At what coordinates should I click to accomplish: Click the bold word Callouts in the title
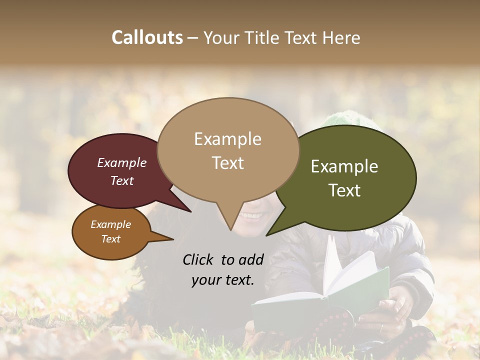147,37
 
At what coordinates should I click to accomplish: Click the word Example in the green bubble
344,166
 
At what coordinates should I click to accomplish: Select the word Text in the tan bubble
228,163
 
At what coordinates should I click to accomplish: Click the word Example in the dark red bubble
122,162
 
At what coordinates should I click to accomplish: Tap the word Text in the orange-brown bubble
111,239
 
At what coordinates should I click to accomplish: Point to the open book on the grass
320,295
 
